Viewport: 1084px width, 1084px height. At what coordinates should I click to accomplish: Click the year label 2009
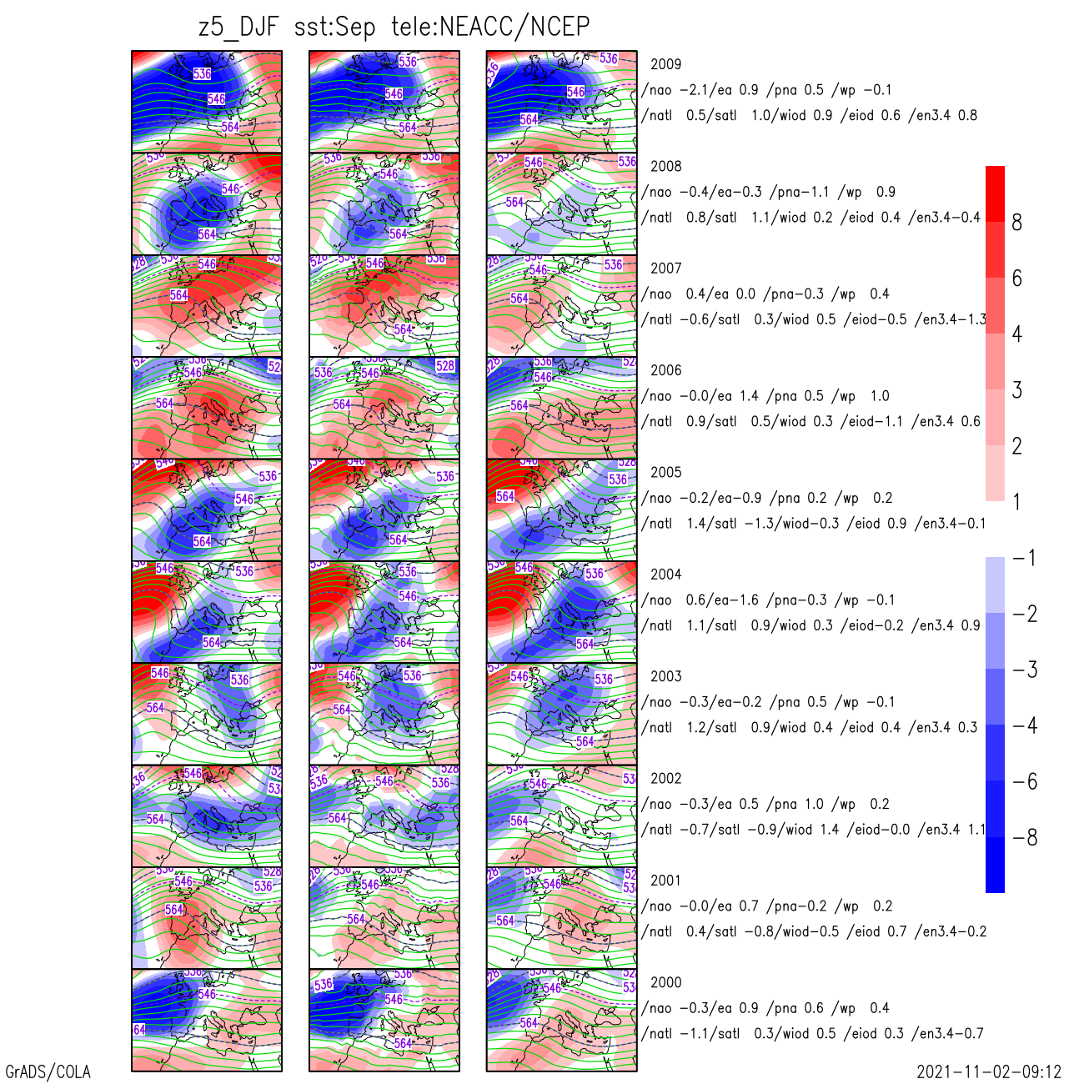(x=665, y=64)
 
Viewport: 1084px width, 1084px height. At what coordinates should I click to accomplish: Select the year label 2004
(x=665, y=575)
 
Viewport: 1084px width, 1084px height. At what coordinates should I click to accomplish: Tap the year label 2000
(x=665, y=982)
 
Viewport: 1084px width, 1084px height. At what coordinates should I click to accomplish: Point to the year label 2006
(x=665, y=370)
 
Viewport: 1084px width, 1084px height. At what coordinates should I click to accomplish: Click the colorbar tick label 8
(x=1016, y=223)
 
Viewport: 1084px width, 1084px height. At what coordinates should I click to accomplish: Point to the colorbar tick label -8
(x=1025, y=838)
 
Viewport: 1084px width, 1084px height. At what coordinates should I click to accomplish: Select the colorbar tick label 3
(x=1016, y=390)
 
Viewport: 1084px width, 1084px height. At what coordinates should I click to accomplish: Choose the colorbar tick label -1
(x=1025, y=558)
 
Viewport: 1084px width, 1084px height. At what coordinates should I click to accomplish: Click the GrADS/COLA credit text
(x=48, y=1071)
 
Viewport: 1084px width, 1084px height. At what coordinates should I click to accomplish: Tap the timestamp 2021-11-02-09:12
(x=988, y=1071)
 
